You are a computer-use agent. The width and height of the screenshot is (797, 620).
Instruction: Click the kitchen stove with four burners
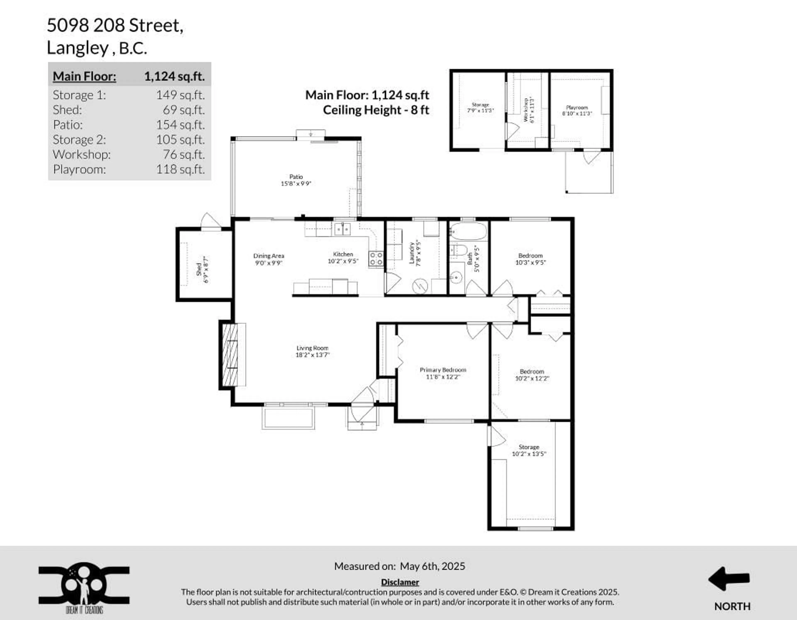(x=376, y=259)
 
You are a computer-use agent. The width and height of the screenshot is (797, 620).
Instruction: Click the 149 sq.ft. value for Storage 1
(x=180, y=95)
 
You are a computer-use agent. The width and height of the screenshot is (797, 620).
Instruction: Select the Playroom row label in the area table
(x=79, y=169)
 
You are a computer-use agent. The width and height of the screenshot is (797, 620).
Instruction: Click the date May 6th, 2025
(x=433, y=566)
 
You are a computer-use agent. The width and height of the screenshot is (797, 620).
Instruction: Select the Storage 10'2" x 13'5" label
(x=529, y=450)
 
